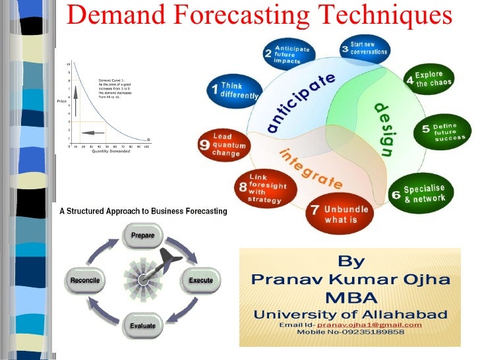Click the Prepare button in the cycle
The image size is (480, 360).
point(143,235)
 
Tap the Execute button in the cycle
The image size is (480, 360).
point(200,280)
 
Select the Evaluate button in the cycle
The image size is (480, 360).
point(143,325)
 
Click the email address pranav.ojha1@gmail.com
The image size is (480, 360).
point(369,325)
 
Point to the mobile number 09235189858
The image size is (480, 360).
point(350,332)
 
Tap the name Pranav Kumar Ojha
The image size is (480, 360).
point(351,279)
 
